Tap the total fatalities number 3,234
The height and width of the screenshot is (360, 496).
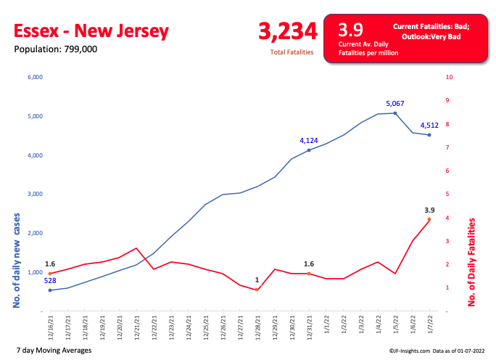tap(288, 31)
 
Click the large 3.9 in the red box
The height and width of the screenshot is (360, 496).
tap(352, 30)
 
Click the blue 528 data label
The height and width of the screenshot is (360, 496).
tap(50, 281)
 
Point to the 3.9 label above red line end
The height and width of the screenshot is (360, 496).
tap(429, 210)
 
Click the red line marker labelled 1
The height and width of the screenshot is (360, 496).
tap(257, 290)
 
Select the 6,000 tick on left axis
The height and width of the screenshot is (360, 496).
tap(35, 77)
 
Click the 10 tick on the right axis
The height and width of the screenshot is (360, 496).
tap(450, 77)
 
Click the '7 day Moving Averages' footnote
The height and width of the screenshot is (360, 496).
tap(53, 350)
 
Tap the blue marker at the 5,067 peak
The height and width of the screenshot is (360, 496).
tap(395, 113)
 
